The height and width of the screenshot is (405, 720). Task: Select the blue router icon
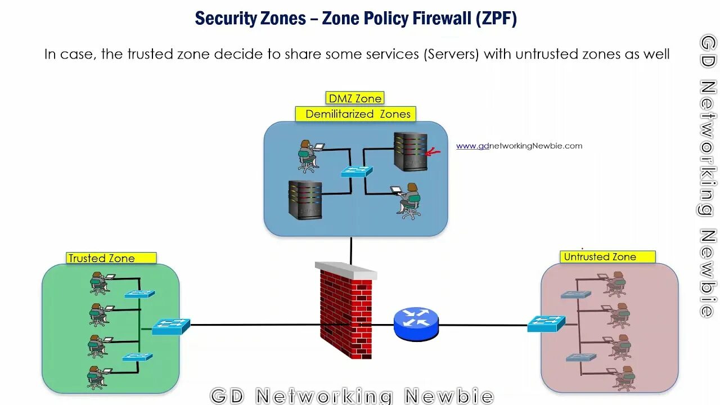coord(416,323)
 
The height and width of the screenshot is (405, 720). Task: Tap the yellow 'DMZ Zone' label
coord(355,98)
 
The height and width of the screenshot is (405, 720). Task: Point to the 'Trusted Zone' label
coord(102,258)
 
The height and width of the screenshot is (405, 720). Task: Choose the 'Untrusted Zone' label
coord(600,257)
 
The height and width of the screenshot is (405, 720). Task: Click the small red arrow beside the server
coord(433,151)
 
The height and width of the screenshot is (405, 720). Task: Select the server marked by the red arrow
coord(409,151)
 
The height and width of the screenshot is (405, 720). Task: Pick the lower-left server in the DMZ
coord(305,200)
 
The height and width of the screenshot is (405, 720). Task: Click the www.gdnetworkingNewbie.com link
coord(519,146)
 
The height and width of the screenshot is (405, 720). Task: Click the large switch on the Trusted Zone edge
coord(170,326)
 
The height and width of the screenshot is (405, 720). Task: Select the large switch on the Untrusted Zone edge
coord(546,323)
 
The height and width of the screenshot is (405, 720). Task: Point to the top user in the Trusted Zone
coord(98,283)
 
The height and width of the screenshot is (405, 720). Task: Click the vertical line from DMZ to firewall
coord(351,250)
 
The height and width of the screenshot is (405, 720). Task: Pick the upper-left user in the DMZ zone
coord(307,156)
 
